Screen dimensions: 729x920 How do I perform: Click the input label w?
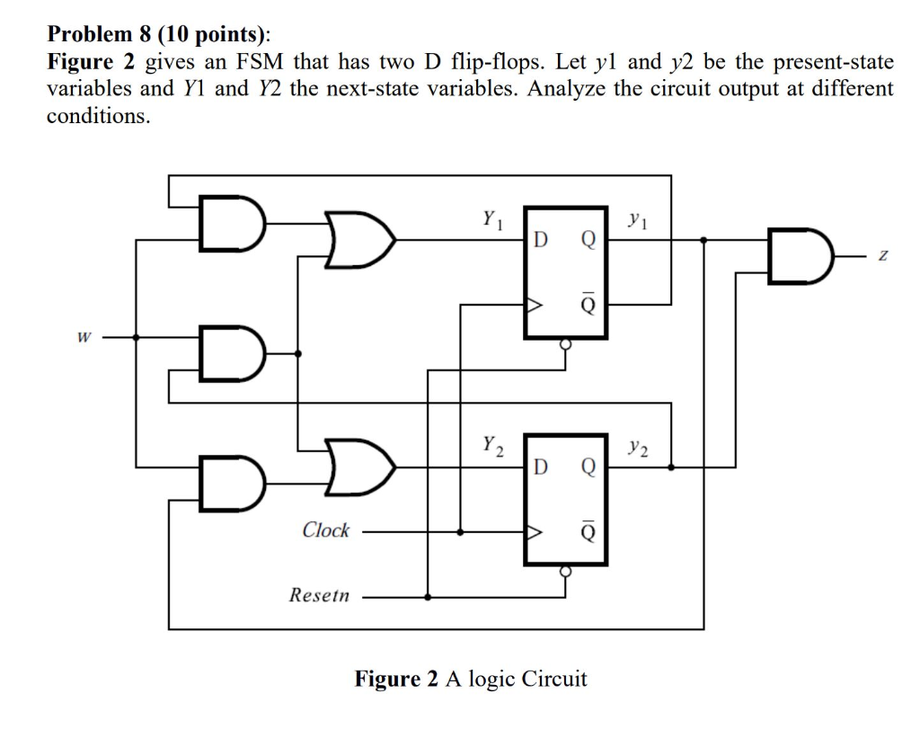[83, 339]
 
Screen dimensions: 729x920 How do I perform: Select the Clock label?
[325, 530]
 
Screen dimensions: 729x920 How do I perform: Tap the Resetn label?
[319, 595]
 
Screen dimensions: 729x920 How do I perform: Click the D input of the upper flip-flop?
[539, 240]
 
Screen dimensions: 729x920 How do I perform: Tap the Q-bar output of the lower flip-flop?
[588, 532]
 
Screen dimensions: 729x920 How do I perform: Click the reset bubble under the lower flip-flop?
[565, 570]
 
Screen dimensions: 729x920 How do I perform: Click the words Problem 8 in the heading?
[100, 35]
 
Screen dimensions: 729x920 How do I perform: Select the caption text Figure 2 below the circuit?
[395, 678]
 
